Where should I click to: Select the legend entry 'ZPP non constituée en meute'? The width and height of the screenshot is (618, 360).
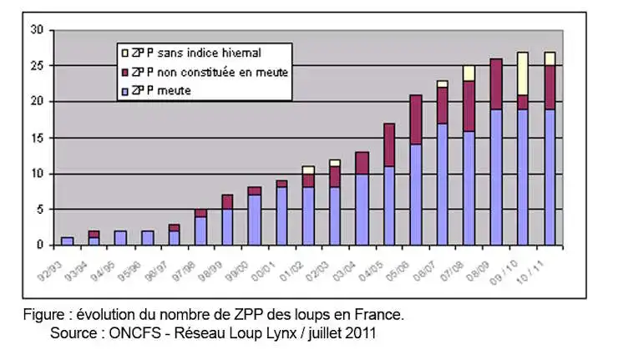[215, 73]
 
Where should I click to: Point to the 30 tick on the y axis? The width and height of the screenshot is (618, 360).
[37, 30]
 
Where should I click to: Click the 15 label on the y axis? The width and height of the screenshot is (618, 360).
[37, 138]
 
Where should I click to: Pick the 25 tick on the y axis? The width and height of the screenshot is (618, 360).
[37, 66]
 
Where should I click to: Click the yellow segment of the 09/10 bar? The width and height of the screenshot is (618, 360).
[522, 74]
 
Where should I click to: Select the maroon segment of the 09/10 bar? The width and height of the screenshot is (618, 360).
[522, 102]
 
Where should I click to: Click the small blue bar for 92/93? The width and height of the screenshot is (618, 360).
[68, 241]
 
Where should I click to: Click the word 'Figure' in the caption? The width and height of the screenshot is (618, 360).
[44, 317]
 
